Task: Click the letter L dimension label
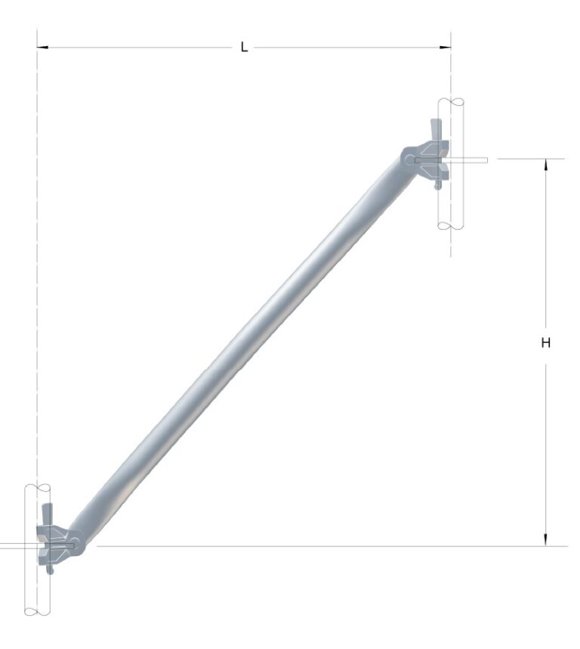pos(244,48)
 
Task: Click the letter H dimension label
pos(546,343)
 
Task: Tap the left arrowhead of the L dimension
pos(42,48)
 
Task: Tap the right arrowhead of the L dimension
pos(446,48)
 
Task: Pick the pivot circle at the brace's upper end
pos(409,159)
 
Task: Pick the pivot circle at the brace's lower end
pos(75,543)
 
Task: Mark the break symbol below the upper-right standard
pos(451,225)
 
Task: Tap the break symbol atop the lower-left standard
pos(37,486)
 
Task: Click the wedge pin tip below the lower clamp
pos(50,570)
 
